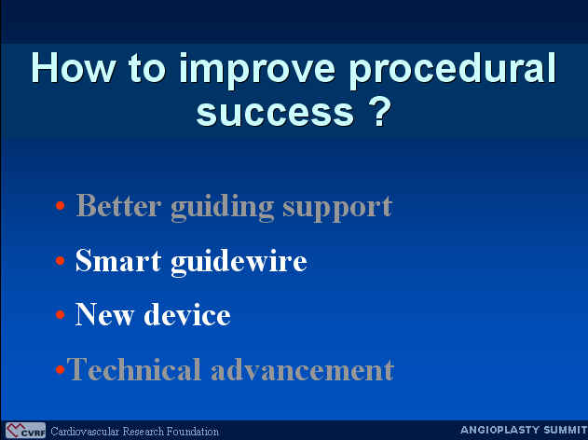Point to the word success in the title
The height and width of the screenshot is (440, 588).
point(275,112)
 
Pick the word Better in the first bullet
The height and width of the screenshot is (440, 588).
point(118,206)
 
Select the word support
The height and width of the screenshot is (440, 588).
point(337,209)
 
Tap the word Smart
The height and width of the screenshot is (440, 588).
point(118,260)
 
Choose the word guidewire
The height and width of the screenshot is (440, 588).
point(239,263)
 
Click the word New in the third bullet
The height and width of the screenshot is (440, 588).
point(104,314)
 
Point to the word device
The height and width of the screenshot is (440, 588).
point(186,314)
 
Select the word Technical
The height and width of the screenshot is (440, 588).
point(134,369)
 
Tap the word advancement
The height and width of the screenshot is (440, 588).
point(302,369)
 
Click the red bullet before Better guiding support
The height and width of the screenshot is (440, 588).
point(60,206)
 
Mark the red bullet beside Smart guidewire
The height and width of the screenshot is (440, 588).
point(60,260)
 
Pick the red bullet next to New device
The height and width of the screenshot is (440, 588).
point(60,314)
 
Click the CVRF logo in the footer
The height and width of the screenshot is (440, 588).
point(25,431)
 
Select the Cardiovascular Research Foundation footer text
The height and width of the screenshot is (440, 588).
point(134,432)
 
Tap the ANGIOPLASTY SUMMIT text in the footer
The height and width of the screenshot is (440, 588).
point(524,430)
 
